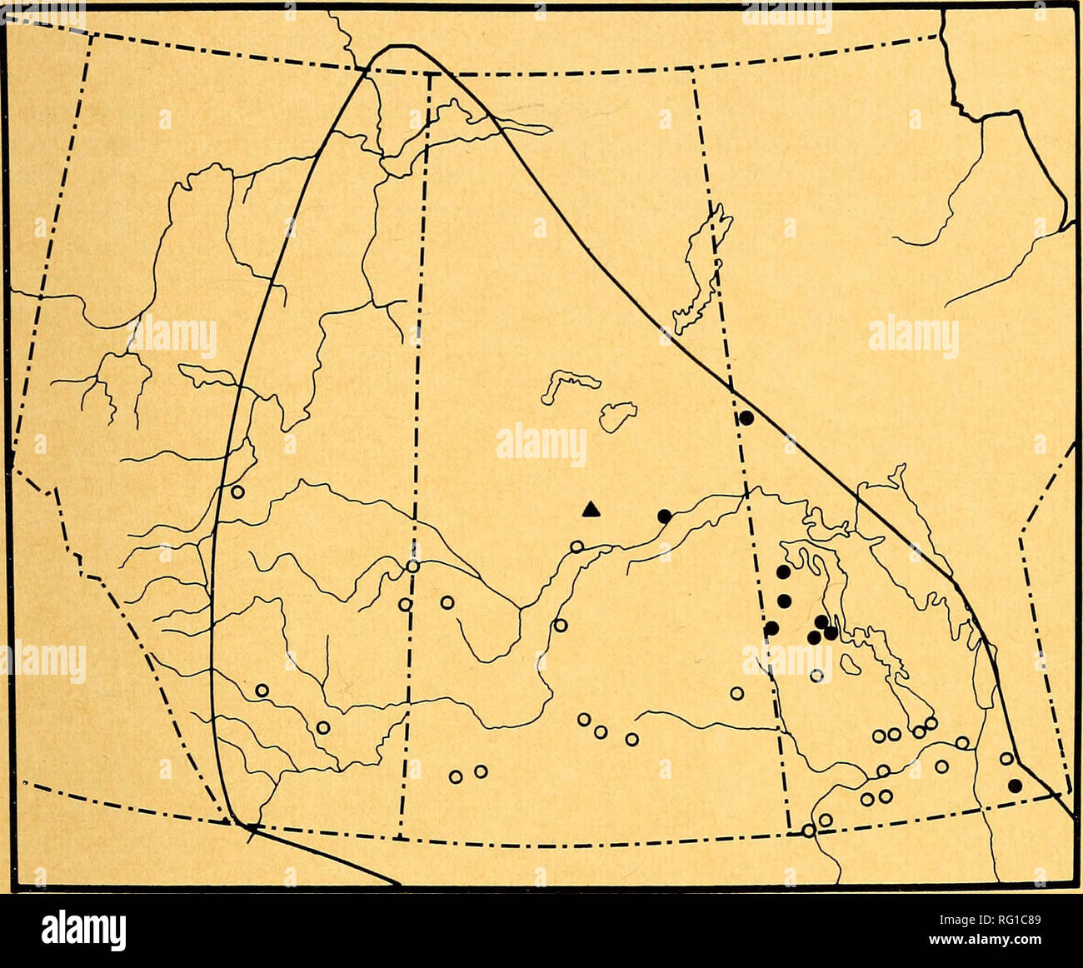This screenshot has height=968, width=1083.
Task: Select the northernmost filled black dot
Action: click(x=746, y=417)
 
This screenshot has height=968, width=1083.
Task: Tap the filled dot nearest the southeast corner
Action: click(x=1014, y=785)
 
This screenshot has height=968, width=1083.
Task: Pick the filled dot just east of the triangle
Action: click(x=664, y=516)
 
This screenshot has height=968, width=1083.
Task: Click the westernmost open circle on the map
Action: click(x=237, y=491)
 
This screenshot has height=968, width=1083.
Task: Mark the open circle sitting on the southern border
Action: click(x=808, y=830)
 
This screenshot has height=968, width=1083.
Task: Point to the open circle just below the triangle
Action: click(x=576, y=546)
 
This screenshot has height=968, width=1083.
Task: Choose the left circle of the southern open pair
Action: click(x=456, y=776)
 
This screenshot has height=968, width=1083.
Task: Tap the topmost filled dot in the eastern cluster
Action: click(x=782, y=571)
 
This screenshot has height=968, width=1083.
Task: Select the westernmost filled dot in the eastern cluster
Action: click(x=771, y=628)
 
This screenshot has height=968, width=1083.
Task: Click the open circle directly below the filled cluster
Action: click(x=816, y=676)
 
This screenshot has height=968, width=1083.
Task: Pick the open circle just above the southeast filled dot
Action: click(x=1006, y=758)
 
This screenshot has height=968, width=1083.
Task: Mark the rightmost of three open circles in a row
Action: click(x=631, y=739)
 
